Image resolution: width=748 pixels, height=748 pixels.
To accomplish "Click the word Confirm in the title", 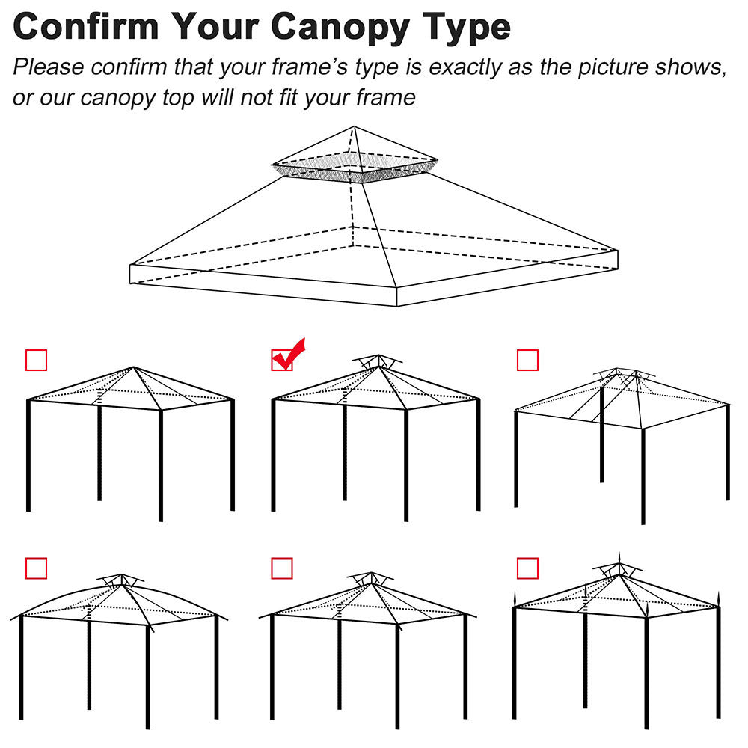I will click(x=87, y=26).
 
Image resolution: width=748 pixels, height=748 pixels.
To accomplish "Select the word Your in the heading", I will click(x=216, y=26).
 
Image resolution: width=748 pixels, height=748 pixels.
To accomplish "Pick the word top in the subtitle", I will click(x=177, y=98).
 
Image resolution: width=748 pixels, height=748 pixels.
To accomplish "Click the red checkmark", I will click(x=288, y=354).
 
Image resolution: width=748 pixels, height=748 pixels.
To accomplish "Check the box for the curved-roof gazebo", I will click(x=36, y=568).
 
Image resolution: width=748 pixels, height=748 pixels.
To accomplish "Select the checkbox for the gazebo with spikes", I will click(x=527, y=568).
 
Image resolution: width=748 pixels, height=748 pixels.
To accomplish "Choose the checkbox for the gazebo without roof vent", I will click(x=36, y=360).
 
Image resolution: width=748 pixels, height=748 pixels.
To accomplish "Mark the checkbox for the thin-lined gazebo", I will click(x=527, y=360).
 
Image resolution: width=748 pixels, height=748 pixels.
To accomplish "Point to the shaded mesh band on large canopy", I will click(x=356, y=173).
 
